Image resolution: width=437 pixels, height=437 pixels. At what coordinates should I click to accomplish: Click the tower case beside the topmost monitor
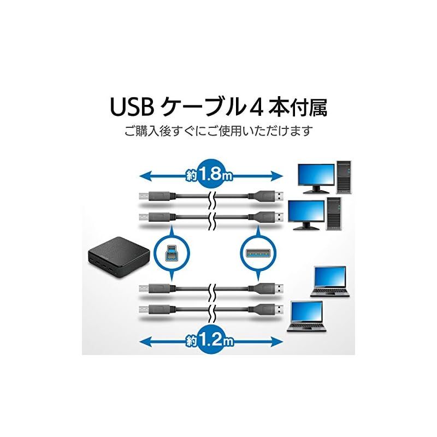(344, 176)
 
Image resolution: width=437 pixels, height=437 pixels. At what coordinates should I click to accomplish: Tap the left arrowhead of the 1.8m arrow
(143, 176)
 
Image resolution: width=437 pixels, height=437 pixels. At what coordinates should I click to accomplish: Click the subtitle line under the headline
(218, 132)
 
